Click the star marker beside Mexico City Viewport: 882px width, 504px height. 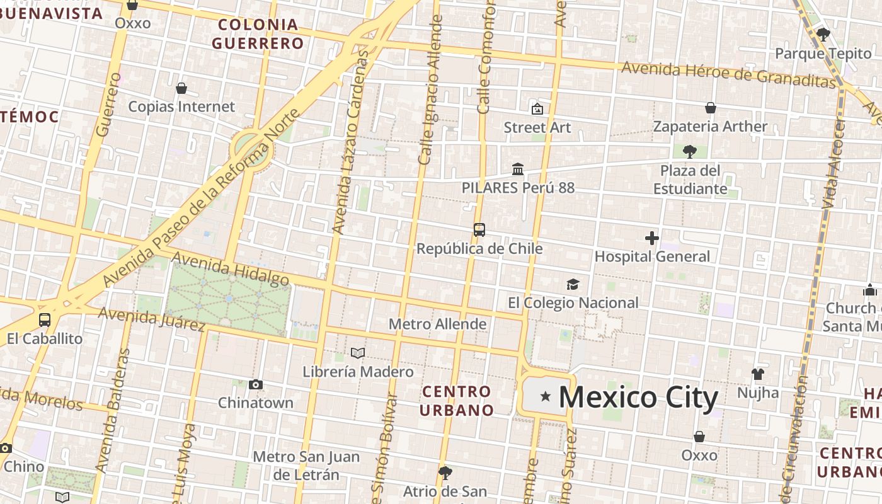point(546,396)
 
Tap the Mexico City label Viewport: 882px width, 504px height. point(638,398)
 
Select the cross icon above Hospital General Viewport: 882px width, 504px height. point(652,238)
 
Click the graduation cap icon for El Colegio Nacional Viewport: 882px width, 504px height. point(573,285)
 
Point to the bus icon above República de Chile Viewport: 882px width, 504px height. point(479,230)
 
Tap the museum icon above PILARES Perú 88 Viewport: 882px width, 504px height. point(518,169)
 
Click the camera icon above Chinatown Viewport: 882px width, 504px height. point(256,384)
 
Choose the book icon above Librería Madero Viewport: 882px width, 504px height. point(358,353)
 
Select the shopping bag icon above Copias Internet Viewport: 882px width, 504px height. point(181,88)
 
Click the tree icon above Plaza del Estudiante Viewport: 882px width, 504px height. point(690,151)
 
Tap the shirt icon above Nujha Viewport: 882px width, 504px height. point(758,374)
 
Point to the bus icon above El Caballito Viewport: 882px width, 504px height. point(44,319)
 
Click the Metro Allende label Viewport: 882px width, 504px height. point(437,324)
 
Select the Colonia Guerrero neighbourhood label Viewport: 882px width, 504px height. point(258,34)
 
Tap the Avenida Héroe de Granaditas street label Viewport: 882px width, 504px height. point(728,74)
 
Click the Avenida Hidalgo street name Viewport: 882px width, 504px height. point(230,268)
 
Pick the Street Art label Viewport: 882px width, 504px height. point(537,127)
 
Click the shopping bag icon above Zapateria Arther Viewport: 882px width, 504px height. point(711,108)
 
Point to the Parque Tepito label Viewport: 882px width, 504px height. point(823,54)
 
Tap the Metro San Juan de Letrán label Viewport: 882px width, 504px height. point(306,466)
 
